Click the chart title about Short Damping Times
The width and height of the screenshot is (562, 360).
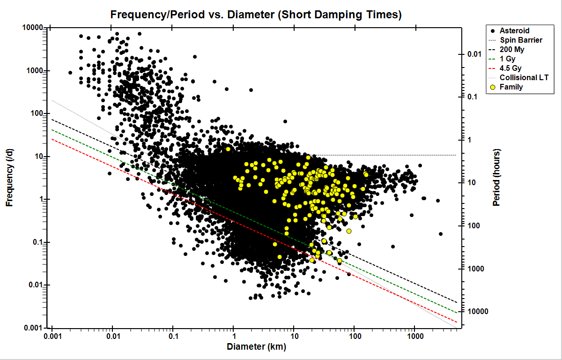tap(256, 15)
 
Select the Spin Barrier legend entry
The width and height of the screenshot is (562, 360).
tap(521, 40)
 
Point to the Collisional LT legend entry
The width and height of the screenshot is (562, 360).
tap(524, 78)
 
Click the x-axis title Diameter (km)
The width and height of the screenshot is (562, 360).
tap(256, 347)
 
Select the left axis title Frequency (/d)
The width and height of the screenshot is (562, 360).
tap(9, 177)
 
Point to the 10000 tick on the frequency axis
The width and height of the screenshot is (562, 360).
tap(33, 28)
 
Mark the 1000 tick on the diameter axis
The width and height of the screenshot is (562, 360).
tap(414, 337)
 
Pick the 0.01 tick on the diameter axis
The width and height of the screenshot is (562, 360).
tap(112, 337)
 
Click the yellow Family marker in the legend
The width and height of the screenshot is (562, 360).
tap(492, 87)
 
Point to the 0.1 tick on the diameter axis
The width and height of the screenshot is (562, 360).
tap(173, 337)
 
